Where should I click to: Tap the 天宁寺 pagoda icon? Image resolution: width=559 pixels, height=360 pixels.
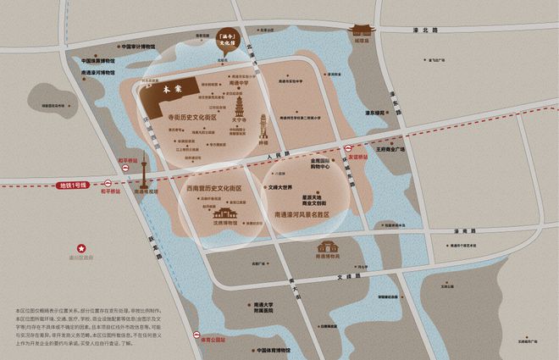(x=239, y=108)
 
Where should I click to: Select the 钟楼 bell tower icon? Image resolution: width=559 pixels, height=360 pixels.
(x=263, y=129)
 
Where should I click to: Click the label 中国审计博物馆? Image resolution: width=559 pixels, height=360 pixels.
(x=138, y=47)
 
